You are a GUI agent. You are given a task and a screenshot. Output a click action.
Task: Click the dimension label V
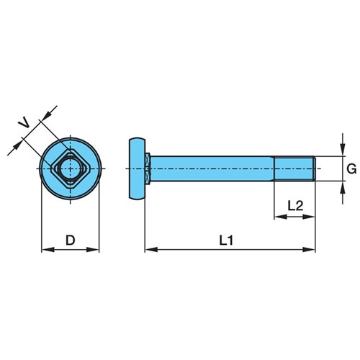[24, 124]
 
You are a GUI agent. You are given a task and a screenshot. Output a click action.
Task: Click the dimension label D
[71, 240]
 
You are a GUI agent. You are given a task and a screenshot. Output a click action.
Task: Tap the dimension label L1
[226, 240]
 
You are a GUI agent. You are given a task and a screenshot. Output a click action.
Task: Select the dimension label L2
[295, 206]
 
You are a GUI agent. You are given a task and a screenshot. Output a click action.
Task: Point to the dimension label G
[351, 169]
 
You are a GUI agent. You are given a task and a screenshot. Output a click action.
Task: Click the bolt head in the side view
[138, 168]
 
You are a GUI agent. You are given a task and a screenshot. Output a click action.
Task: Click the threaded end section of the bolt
[294, 168]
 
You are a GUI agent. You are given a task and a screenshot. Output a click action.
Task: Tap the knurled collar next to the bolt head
[148, 168]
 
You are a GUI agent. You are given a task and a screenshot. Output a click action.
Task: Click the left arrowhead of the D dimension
[48, 250]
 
